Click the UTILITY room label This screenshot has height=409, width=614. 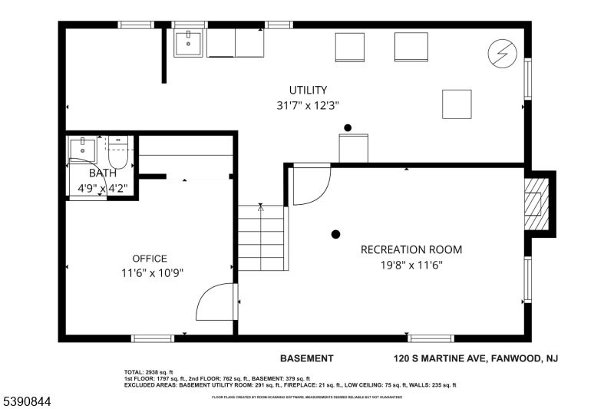point(308,90)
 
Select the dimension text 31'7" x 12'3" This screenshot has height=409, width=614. point(308,106)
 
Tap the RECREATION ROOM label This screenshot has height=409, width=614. point(411,250)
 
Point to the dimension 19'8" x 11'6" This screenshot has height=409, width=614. point(412,266)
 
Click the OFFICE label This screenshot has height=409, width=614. point(149,259)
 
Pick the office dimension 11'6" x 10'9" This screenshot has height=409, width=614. point(151,273)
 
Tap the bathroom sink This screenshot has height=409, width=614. point(81,147)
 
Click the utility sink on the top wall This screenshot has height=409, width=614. point(187,44)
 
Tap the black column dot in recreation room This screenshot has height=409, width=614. point(335,234)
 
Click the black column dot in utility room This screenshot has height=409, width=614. point(348,127)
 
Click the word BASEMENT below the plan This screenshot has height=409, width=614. point(306,358)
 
